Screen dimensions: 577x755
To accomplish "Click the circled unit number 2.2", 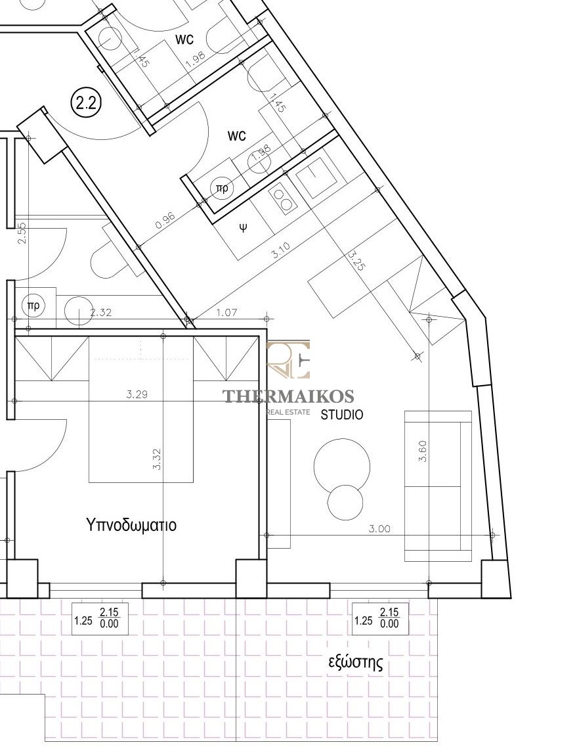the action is tap(86, 103).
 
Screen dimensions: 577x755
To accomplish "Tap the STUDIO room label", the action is tap(342, 414).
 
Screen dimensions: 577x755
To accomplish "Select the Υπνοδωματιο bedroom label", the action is tap(131, 524).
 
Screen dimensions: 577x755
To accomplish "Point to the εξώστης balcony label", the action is tap(356, 664).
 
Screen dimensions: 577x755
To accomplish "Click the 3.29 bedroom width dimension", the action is tap(137, 395).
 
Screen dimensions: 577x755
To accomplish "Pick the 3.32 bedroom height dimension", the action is tap(156, 460).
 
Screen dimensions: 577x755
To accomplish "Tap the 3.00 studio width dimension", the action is tap(379, 529).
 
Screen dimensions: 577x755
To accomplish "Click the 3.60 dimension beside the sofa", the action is tap(423, 451).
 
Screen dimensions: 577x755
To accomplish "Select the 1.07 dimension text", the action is tap(227, 313).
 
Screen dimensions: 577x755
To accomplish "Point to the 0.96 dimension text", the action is tap(165, 220).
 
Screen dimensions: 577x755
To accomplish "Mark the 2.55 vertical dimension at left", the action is tap(21, 233).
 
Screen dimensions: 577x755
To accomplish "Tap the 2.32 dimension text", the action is tap(101, 313).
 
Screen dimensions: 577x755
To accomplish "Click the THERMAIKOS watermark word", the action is tap(288, 396).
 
